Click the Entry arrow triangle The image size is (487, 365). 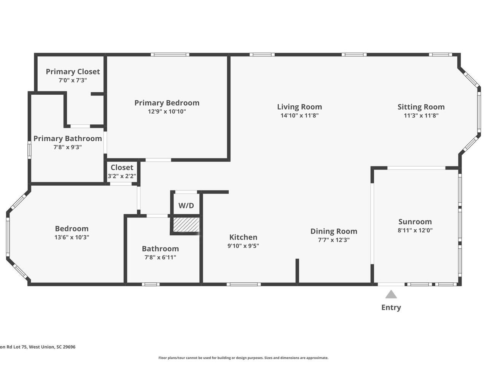click(x=391, y=294)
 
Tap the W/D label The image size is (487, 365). click(x=186, y=205)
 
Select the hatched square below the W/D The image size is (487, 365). click(x=186, y=224)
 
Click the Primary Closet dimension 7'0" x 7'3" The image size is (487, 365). click(x=73, y=80)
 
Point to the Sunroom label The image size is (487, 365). click(x=415, y=222)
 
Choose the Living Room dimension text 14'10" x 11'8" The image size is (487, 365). click(x=299, y=115)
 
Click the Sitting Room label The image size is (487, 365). click(x=421, y=107)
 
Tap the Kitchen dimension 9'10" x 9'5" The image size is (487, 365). click(x=243, y=246)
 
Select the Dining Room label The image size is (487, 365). click(x=334, y=232)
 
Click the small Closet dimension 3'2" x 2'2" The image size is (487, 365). click(x=122, y=176)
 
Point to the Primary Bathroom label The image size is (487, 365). click(x=68, y=138)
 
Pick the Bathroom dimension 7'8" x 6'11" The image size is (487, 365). click(x=160, y=257)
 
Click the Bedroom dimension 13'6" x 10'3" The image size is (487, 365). click(x=72, y=237)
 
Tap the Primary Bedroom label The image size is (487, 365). click(x=167, y=103)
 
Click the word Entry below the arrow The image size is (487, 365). click(x=391, y=308)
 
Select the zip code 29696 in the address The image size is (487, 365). click(x=69, y=347)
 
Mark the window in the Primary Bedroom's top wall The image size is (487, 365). click(x=170, y=54)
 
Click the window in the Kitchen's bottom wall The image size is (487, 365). click(x=243, y=284)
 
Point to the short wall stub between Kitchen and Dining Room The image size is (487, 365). click(x=297, y=271)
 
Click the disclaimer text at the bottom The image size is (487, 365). click(x=243, y=358)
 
